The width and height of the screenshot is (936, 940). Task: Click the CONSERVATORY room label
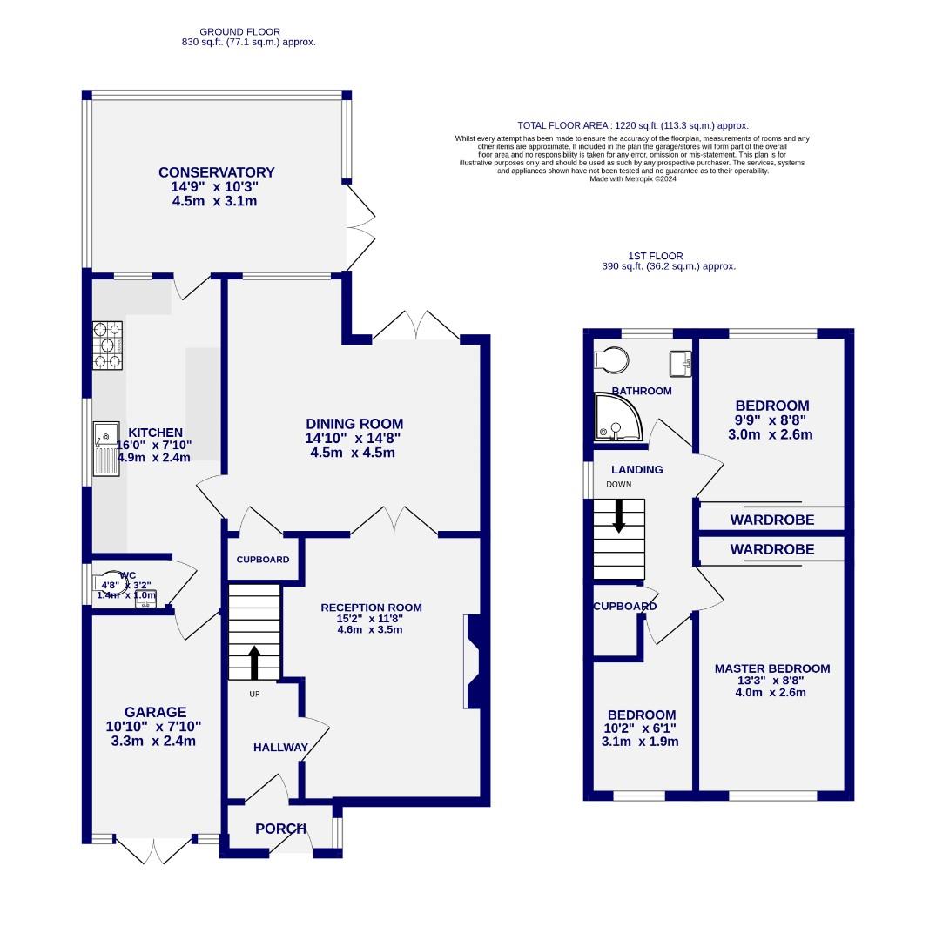tap(216, 172)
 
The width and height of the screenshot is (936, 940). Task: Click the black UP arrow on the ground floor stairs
tap(254, 661)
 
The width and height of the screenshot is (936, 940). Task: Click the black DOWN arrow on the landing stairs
tap(619, 514)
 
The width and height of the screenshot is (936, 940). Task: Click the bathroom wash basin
tap(680, 361)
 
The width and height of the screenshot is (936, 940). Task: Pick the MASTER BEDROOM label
tap(771, 668)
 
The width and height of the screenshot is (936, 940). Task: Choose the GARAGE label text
tap(155, 712)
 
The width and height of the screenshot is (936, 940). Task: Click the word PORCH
tap(280, 829)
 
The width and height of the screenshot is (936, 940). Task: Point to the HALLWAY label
tap(280, 748)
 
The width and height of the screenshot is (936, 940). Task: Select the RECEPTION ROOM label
tap(371, 608)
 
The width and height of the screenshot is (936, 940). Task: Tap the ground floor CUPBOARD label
tap(263, 560)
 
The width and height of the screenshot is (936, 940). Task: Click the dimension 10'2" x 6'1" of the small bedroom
tap(641, 728)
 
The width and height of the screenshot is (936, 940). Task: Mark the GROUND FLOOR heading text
tap(239, 32)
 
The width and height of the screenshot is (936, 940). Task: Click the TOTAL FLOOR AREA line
tap(633, 125)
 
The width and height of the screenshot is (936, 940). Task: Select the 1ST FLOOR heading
tap(655, 256)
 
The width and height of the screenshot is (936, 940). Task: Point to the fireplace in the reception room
tap(473, 662)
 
